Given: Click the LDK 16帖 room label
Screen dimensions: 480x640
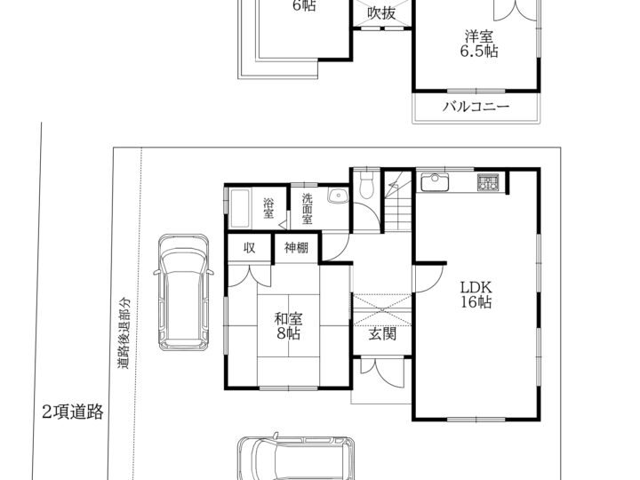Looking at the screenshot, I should (476, 294).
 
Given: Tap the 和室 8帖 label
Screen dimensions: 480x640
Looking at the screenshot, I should (285, 326).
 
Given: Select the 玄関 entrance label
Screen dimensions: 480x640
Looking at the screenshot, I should (382, 334).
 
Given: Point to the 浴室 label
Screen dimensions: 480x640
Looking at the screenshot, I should (268, 208).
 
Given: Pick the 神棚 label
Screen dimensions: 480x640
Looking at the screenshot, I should (296, 248).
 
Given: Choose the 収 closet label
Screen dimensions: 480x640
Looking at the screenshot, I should (250, 248).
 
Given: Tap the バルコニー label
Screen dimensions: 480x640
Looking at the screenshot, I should (476, 108).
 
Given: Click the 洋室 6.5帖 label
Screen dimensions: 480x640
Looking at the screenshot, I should (478, 44).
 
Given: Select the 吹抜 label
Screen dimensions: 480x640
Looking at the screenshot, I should (381, 12).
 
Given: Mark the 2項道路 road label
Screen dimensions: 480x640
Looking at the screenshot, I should (72, 412).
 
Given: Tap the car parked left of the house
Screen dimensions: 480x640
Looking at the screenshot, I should (182, 293).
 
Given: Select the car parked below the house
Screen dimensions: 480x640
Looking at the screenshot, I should (295, 458).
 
